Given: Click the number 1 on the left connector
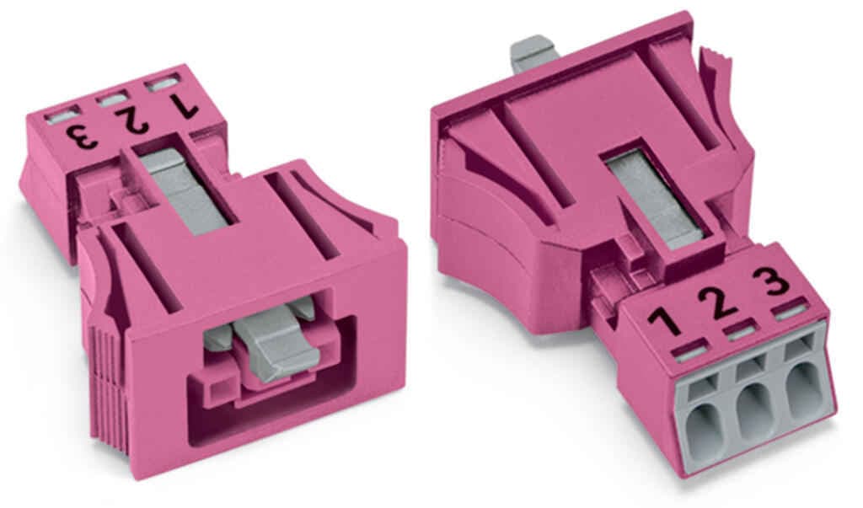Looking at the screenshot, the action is coord(183,105).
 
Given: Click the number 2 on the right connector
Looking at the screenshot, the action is coord(718,302).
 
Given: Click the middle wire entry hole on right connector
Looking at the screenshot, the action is coord(754,407).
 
